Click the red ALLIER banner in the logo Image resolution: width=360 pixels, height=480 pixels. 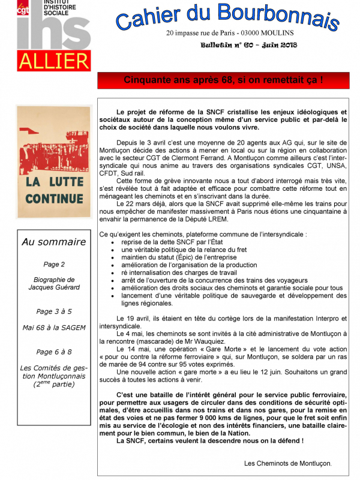(x=53, y=61)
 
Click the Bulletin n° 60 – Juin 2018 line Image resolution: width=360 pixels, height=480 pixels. (x=249, y=45)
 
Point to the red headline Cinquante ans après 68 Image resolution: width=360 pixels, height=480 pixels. (x=223, y=80)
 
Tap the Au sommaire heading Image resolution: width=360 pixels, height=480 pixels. (x=54, y=242)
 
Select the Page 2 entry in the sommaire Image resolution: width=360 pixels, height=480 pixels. (x=54, y=264)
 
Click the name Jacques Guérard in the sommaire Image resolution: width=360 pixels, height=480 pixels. (x=54, y=287)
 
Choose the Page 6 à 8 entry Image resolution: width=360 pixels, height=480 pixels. (x=54, y=352)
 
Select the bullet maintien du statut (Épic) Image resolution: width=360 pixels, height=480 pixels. (x=175, y=257)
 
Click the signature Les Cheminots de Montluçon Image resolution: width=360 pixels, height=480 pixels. (x=287, y=463)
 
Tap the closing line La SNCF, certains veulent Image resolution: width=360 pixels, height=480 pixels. (x=210, y=441)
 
